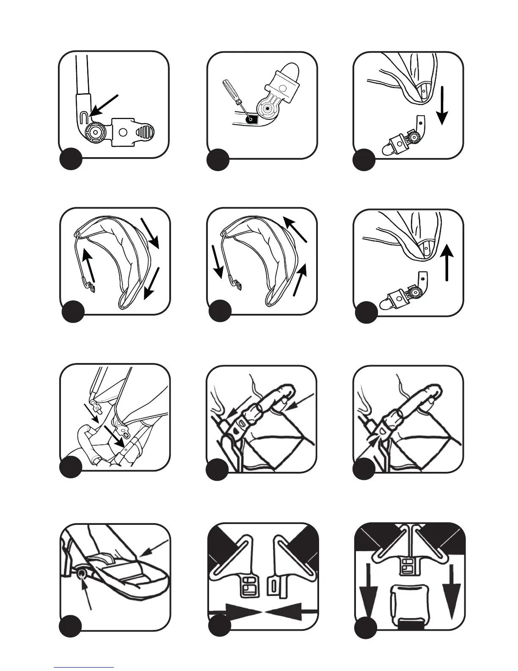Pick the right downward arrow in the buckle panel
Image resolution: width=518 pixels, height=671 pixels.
coord(451,588)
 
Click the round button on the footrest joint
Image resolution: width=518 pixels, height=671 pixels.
coord(82,573)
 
